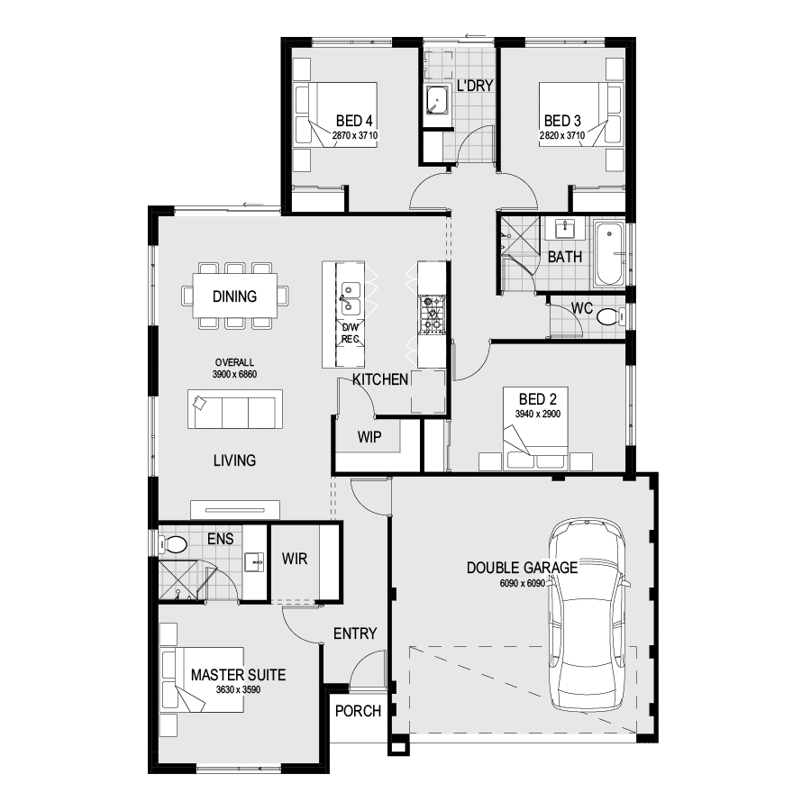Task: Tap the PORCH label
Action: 358,711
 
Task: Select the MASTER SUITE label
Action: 239,674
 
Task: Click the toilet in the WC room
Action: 607,316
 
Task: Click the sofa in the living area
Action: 234,409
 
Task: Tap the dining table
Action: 234,296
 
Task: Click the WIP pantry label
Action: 369,438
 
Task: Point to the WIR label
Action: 295,559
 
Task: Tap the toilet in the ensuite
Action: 174,544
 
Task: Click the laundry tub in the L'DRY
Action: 439,102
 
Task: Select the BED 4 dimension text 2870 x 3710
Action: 354,135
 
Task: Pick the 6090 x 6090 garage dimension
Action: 523,583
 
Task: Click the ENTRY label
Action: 355,633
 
